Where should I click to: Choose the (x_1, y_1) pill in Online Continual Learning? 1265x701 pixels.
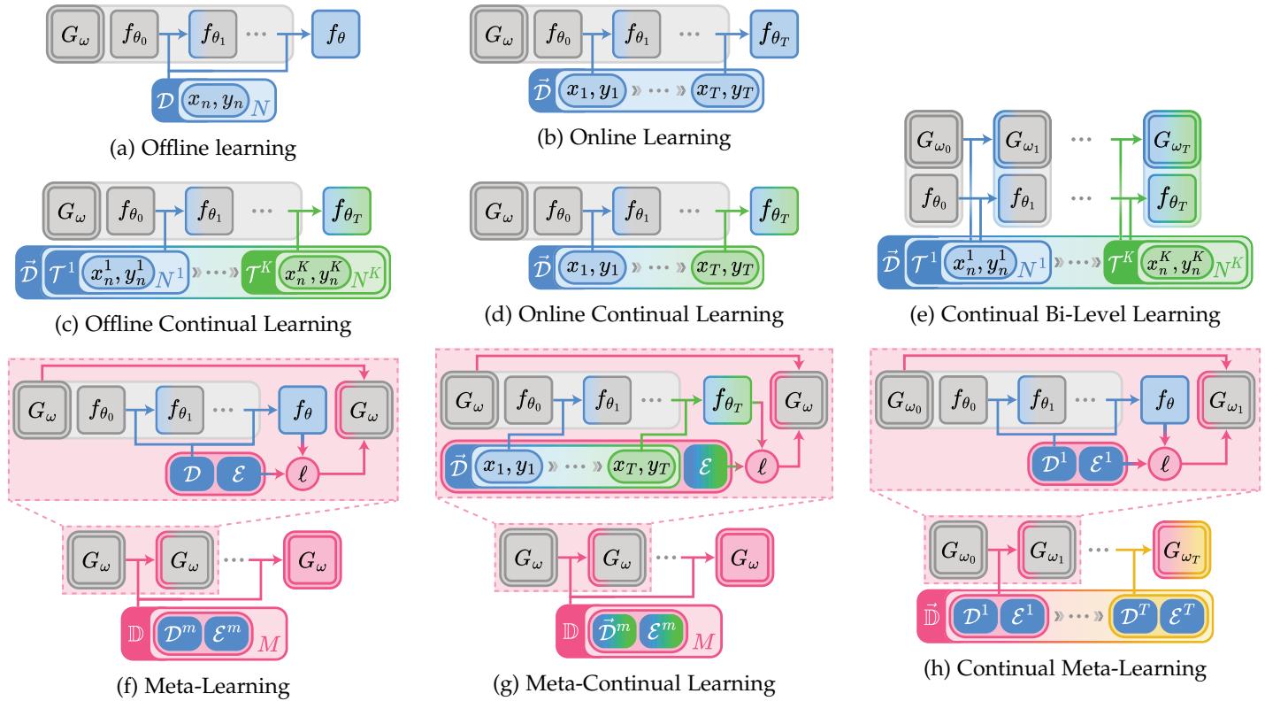592,265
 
